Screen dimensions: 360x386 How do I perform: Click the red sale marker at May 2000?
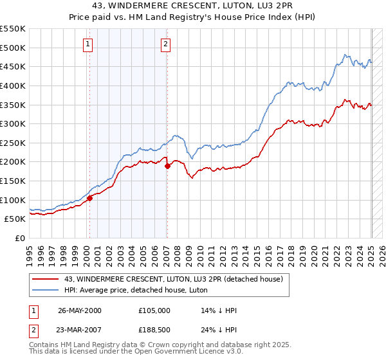point(90,198)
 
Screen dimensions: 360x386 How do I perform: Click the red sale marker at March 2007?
point(167,166)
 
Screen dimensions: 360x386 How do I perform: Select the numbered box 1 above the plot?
point(88,44)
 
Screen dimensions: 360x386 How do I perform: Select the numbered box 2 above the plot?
point(165,44)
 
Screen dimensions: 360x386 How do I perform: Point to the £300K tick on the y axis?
point(13,123)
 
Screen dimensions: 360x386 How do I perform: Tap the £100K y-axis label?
point(13,200)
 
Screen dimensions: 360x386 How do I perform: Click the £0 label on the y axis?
point(19,238)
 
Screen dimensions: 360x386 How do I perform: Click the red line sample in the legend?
point(46,279)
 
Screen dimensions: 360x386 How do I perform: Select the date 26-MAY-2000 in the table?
point(79,310)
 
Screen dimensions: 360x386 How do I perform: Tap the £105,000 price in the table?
point(154,310)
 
